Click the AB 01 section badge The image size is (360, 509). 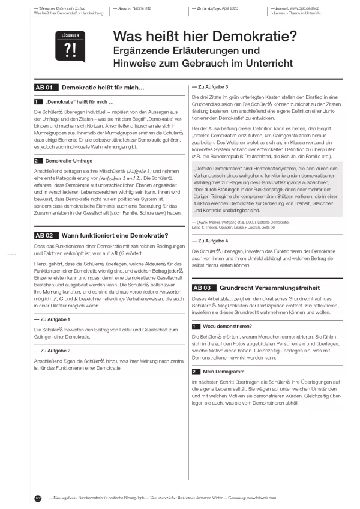tap(46, 88)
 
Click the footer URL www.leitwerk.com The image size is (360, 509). tap(311, 498)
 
